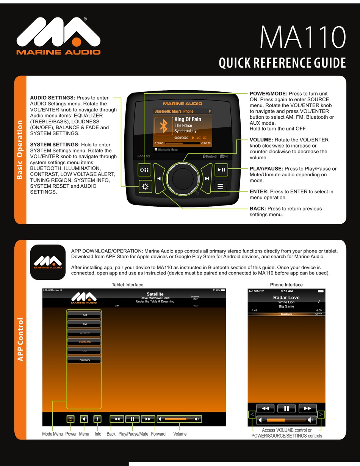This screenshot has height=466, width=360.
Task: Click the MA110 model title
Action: [x=302, y=37]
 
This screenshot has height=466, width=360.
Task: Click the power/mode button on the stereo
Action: [x=144, y=170]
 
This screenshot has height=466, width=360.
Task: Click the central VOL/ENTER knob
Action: [x=183, y=178]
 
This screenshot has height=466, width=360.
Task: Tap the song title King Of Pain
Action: [x=188, y=119]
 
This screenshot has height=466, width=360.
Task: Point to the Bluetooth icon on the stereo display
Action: [x=164, y=126]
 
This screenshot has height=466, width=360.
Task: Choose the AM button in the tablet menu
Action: [x=85, y=315]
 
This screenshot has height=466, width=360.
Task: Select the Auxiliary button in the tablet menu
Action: [x=85, y=360]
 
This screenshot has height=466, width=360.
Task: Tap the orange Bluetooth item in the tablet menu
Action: [x=85, y=342]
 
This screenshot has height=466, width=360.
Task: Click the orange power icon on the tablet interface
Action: [x=70, y=419]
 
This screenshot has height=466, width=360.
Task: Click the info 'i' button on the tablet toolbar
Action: [x=98, y=419]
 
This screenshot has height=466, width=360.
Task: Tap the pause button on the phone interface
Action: [x=286, y=408]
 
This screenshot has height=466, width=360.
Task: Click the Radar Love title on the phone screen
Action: [x=286, y=298]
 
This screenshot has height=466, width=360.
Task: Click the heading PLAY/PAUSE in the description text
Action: [x=266, y=169]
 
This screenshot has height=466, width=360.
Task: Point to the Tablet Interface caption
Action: [x=127, y=285]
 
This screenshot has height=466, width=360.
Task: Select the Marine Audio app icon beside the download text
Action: [x=48, y=262]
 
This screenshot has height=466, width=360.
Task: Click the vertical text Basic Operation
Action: [x=20, y=150]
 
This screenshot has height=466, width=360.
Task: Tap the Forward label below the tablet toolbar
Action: [x=158, y=434]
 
